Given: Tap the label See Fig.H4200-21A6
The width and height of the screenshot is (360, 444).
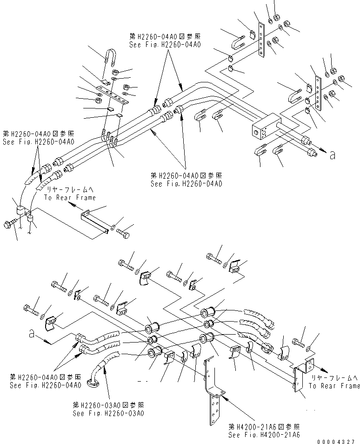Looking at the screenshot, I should click(264, 434).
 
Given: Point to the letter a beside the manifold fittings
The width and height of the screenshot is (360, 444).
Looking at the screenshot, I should click(332, 155).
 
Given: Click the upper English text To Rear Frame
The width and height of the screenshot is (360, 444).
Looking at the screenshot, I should click(70, 198).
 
